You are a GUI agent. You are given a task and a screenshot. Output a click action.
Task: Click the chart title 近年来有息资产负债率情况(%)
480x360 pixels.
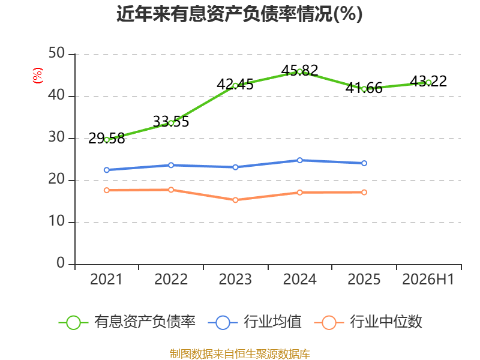[239, 14]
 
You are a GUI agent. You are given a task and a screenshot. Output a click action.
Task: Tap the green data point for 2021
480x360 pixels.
[107, 140]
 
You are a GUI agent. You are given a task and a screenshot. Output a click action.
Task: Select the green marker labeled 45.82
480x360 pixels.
[299, 71]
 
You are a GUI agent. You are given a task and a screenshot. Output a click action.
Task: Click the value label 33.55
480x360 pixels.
[171, 122]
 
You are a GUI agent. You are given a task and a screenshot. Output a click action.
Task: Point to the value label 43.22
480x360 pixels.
[428, 81]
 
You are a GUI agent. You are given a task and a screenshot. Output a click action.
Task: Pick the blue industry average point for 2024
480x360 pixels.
[299, 160]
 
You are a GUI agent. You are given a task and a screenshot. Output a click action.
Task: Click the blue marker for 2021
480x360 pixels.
[107, 170]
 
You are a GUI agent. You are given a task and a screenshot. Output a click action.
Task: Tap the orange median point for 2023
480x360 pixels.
[235, 200]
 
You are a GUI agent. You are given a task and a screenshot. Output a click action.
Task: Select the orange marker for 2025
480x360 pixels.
[364, 192]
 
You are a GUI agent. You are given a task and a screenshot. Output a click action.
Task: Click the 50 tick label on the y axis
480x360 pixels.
[56, 53]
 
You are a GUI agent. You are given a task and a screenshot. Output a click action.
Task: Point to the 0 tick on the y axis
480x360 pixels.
[61, 263]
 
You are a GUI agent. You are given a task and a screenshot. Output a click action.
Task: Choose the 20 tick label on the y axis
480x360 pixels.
[56, 179]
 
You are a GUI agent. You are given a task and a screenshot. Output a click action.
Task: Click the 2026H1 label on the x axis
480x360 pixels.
[428, 279]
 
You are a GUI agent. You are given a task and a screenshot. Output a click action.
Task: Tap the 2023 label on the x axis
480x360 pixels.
[235, 279]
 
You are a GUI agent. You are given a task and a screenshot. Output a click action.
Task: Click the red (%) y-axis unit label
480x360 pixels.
[38, 76]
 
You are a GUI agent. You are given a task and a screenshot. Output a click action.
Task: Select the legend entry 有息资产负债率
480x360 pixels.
[127, 322]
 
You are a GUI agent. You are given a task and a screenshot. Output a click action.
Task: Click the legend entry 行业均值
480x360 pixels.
[254, 322]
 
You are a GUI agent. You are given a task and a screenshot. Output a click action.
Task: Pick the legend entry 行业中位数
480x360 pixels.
[368, 322]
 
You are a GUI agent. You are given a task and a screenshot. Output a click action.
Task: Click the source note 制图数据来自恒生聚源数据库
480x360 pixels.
[240, 354]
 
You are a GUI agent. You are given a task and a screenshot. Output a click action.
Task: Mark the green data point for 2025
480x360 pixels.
[364, 89]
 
